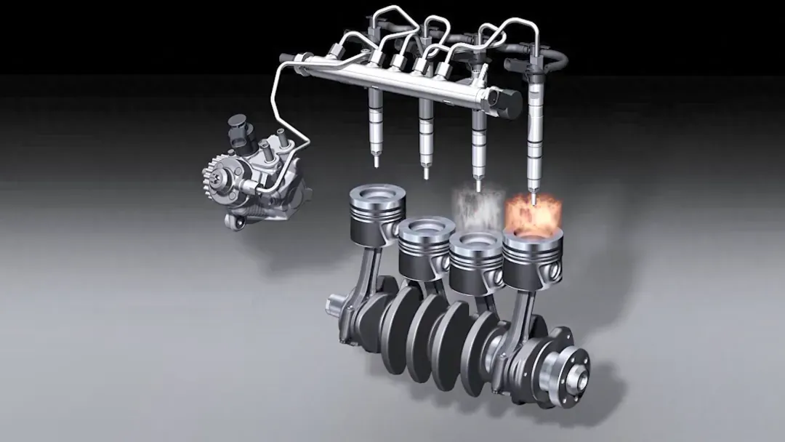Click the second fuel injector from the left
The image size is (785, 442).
tap(426, 131)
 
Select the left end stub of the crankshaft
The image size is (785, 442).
tap(337, 305)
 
